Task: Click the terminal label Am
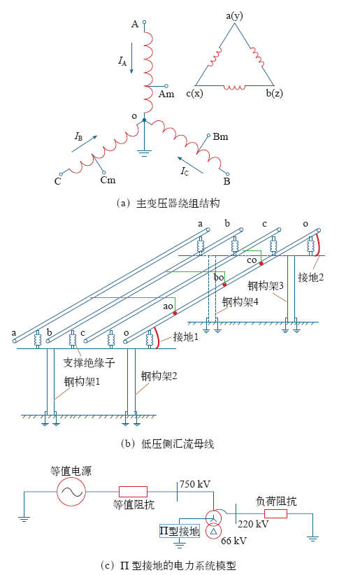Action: (166, 94)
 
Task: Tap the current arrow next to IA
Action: (132, 58)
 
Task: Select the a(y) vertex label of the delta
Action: (234, 16)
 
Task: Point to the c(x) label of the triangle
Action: (194, 94)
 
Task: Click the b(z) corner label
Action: (275, 94)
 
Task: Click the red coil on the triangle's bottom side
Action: (235, 87)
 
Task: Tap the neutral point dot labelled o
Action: (144, 120)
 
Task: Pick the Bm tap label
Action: (220, 137)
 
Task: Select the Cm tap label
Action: (108, 180)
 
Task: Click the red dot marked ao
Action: (175, 313)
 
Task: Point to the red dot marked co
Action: (261, 263)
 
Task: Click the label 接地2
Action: (311, 277)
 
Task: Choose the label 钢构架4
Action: (240, 301)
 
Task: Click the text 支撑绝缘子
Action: (89, 362)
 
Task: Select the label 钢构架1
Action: (82, 382)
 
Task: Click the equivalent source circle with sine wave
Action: (71, 492)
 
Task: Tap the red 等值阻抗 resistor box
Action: (133, 491)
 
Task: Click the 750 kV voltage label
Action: (195, 484)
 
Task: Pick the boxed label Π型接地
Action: (180, 531)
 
